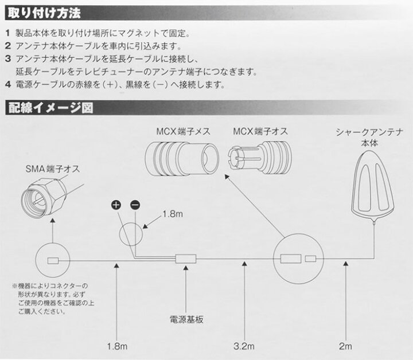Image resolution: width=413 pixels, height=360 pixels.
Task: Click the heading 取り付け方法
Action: click(x=44, y=13)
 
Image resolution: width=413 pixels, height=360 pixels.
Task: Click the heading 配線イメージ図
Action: click(x=50, y=108)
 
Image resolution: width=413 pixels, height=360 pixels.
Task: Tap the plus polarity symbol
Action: click(x=116, y=205)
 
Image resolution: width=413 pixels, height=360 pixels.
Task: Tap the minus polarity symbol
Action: click(x=135, y=205)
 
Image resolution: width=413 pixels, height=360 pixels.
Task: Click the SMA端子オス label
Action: click(x=53, y=169)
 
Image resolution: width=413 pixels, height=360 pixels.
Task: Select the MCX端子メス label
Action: click(x=184, y=131)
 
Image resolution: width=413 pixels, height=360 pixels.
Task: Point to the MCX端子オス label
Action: click(x=260, y=131)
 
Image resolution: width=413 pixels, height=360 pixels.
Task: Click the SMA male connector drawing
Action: click(x=44, y=197)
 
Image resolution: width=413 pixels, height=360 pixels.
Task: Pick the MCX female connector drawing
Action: click(x=182, y=159)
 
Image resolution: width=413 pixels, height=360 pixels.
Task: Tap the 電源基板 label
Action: click(x=186, y=319)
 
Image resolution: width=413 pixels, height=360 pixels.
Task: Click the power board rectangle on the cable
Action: click(x=186, y=259)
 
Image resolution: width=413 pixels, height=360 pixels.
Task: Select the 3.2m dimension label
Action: click(x=244, y=346)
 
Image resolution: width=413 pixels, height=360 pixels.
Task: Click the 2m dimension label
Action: click(x=345, y=346)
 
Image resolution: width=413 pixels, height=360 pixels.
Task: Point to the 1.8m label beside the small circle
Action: click(x=173, y=214)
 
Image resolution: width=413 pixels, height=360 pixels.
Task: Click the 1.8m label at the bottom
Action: click(x=117, y=346)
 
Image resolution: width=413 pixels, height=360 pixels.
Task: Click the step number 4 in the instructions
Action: click(x=8, y=85)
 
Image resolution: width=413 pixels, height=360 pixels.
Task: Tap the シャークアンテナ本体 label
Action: click(x=369, y=138)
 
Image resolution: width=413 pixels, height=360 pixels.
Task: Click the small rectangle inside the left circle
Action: click(x=53, y=261)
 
